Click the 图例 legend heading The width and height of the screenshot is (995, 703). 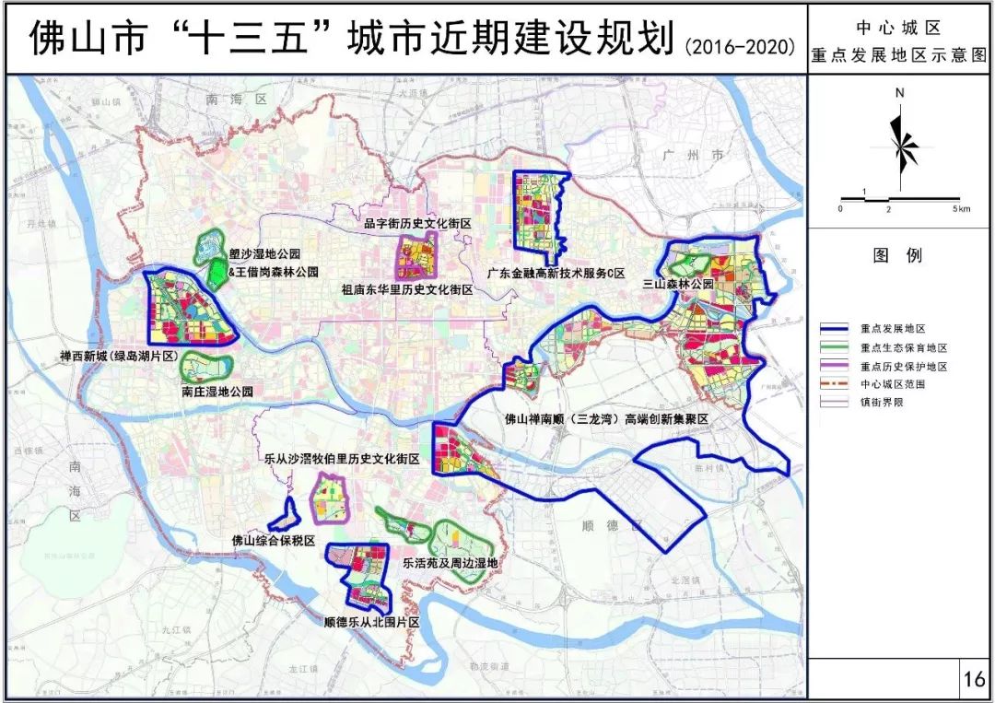point(897,256)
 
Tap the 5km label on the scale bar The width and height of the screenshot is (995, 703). point(962,210)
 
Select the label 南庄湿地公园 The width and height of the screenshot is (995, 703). point(217,392)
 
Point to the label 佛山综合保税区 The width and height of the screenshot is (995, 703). point(273,542)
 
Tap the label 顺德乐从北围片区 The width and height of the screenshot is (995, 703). point(372,624)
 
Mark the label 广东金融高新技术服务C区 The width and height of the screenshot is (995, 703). point(556,274)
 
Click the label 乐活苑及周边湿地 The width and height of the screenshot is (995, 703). point(450,561)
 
